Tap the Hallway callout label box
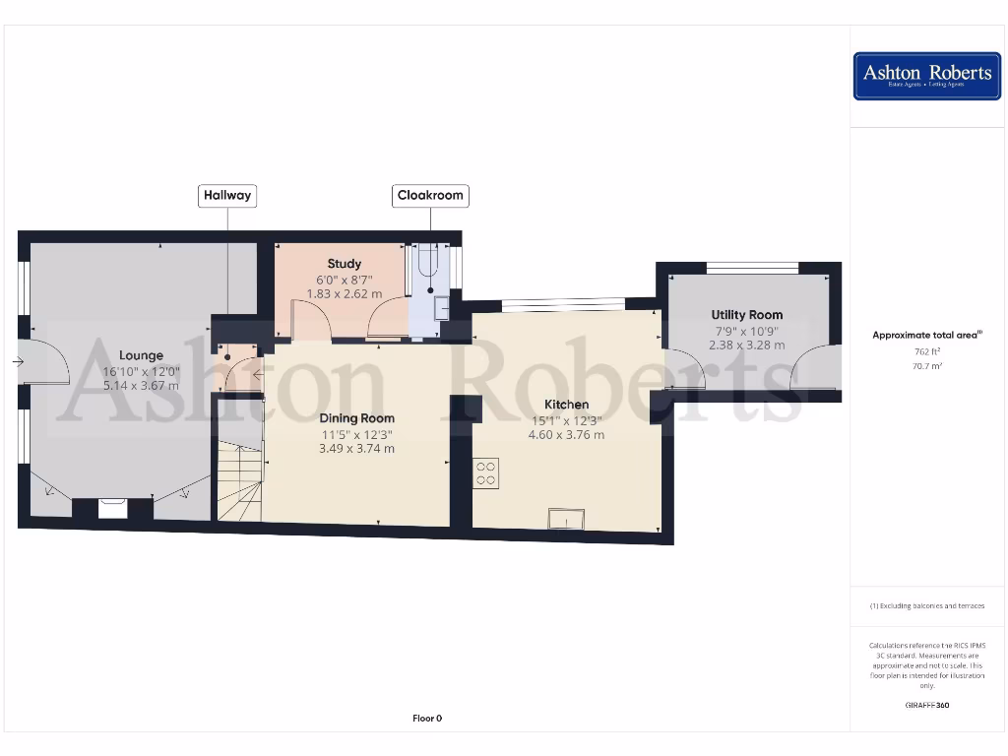coord(227,195)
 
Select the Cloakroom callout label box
coord(430,196)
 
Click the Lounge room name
coord(142,355)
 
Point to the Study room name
coord(345,264)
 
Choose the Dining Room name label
coord(356,418)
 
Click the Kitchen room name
coord(567,405)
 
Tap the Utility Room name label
coord(747,315)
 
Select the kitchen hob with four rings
coord(486,473)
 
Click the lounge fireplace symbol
coord(113,508)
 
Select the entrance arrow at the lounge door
coord(18,362)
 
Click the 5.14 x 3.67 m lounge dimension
coord(142,386)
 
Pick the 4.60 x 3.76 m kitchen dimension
coord(567,435)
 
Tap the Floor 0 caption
coord(427,719)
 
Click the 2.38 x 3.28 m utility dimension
coord(747,346)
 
